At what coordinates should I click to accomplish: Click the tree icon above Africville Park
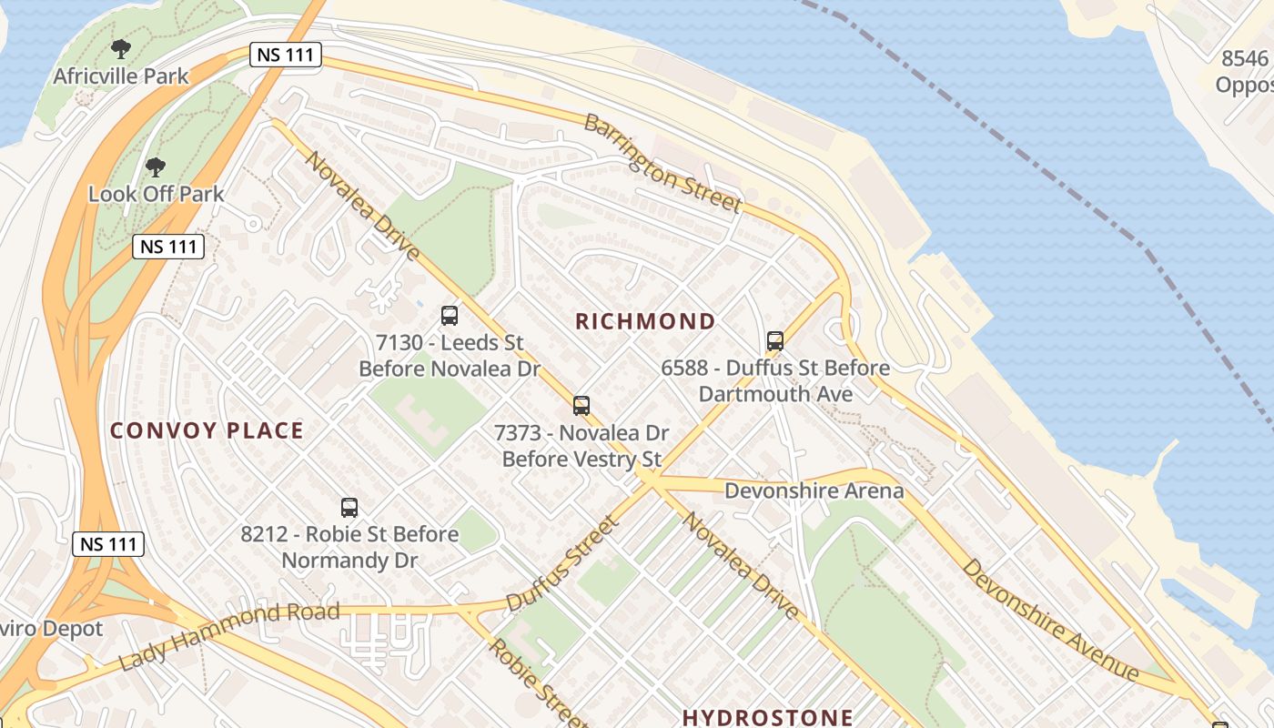coord(120,49)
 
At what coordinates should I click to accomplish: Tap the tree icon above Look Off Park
coord(156,167)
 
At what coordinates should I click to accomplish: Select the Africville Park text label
coord(121,76)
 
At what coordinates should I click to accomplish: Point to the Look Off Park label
coord(156,194)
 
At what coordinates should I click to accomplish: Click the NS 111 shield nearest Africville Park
coord(286,55)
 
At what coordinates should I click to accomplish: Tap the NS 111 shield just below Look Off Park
coord(168,246)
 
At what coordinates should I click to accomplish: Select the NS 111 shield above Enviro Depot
coord(108,544)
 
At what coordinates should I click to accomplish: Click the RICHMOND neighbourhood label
coord(645,321)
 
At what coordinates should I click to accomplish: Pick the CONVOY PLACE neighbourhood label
coord(207,430)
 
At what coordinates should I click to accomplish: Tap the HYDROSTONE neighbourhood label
coord(768,717)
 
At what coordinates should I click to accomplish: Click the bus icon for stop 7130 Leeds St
coord(450,316)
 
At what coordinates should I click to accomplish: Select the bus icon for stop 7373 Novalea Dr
coord(581,405)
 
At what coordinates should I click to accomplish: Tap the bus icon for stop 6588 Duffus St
coord(775,341)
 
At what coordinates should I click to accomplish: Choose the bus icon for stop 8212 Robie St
coord(349,508)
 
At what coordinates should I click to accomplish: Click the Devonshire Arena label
coord(814,491)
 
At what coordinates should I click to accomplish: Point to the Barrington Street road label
coord(662,164)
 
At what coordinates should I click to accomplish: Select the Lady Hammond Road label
coord(228,635)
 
